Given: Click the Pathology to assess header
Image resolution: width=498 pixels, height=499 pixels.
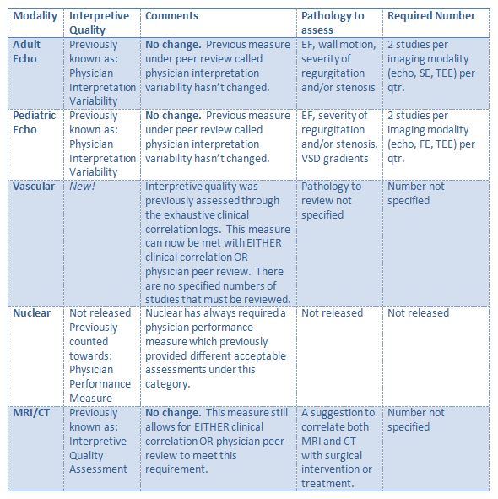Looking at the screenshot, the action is click(x=333, y=23).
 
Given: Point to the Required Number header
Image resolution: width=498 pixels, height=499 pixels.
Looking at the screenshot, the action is click(x=430, y=16).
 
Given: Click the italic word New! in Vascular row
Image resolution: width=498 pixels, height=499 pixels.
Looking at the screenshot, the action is click(x=83, y=187).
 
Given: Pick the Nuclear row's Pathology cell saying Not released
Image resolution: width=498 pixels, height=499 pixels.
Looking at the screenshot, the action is click(x=333, y=313).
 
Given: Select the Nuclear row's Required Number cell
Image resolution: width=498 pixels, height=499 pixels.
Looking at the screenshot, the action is click(x=418, y=313).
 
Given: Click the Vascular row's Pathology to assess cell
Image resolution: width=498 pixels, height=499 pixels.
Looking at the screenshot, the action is click(x=331, y=200).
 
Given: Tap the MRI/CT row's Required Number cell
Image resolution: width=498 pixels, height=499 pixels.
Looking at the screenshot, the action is click(x=415, y=420).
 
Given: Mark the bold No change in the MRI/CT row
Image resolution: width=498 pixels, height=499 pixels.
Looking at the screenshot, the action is click(x=172, y=413).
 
